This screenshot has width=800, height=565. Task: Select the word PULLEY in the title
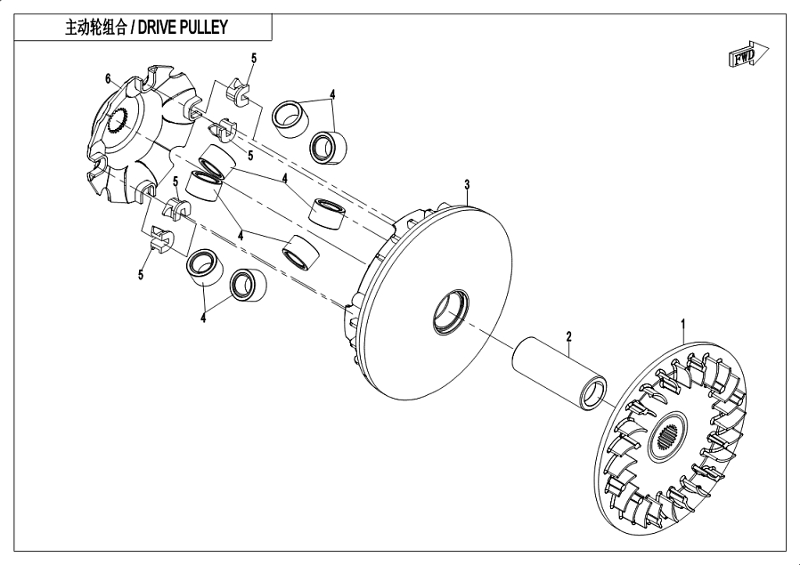click(x=209, y=28)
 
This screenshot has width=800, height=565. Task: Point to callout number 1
click(x=683, y=322)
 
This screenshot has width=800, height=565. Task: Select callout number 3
click(x=467, y=184)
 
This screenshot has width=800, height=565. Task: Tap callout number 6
click(x=108, y=79)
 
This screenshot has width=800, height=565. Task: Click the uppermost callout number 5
click(x=253, y=58)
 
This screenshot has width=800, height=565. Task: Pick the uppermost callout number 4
click(x=332, y=93)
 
